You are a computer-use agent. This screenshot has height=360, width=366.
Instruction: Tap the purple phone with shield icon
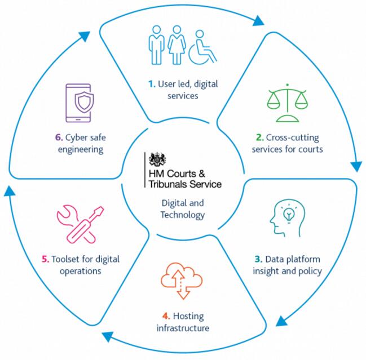click(78, 104)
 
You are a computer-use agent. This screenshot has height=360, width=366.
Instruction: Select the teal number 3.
click(258, 259)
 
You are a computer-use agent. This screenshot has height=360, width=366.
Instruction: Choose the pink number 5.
click(45, 260)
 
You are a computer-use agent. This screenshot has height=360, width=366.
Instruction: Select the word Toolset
click(67, 260)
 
